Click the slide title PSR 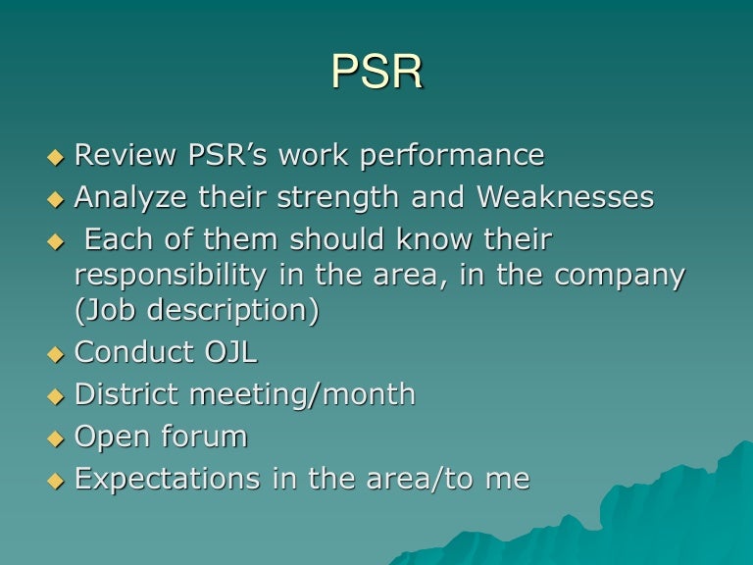(x=377, y=73)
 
